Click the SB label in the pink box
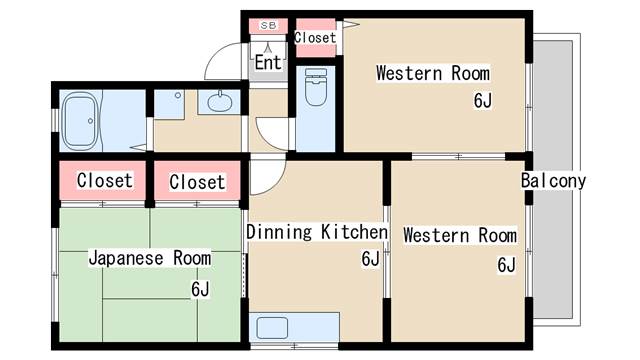pyautogui.click(x=268, y=24)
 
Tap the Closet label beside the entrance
pyautogui.click(x=316, y=38)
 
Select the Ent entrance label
pyautogui.click(x=267, y=62)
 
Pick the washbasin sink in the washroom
pyautogui.click(x=219, y=100)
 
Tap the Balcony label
pyautogui.click(x=553, y=181)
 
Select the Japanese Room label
pyautogui.click(x=150, y=258)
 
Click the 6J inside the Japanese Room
pyautogui.click(x=200, y=289)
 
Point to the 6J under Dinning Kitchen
pyautogui.click(x=369, y=259)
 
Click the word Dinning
pyautogui.click(x=281, y=233)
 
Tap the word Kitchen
pyautogui.click(x=353, y=233)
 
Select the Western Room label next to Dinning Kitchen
pyautogui.click(x=460, y=236)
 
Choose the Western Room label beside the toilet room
pyautogui.click(x=432, y=73)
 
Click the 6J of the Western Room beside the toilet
pyautogui.click(x=483, y=100)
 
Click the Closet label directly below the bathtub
pyautogui.click(x=104, y=181)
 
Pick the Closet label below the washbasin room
pyautogui.click(x=197, y=182)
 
